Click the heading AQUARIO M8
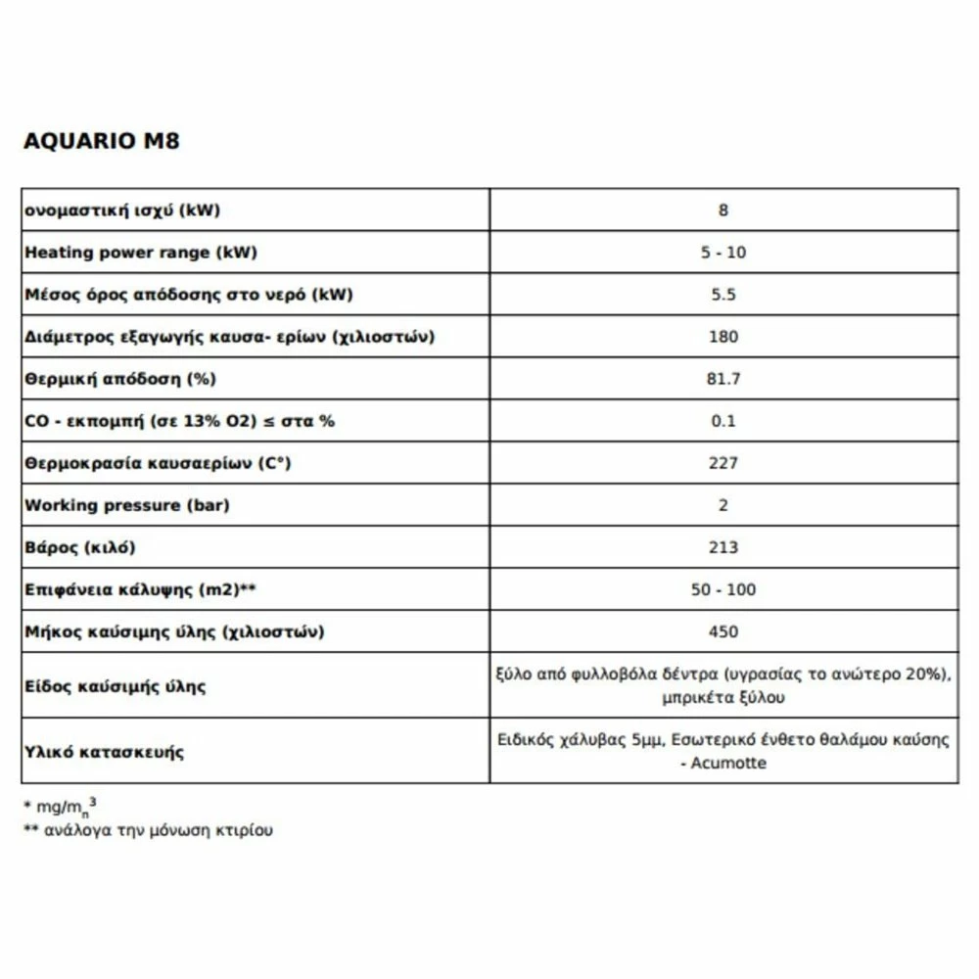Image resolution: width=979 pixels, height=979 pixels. point(101,141)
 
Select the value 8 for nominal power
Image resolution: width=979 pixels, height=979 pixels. point(723,210)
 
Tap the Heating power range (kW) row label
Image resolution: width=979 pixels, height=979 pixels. point(140,253)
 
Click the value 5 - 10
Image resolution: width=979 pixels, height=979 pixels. point(723,253)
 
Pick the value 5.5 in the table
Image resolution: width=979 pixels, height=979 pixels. point(723,295)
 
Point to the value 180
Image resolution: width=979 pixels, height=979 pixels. point(723,337)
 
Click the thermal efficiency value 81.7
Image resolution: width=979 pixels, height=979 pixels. point(723,379)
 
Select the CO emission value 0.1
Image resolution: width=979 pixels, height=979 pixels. point(723,421)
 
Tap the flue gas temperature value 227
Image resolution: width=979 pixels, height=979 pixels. point(723,463)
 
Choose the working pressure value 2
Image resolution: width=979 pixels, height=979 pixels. point(723,505)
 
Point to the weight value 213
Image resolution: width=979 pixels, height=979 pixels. point(723,547)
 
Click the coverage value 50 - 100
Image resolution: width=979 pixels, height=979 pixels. point(723,589)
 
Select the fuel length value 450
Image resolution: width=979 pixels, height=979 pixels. point(723,631)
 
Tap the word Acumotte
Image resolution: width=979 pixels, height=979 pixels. point(728,763)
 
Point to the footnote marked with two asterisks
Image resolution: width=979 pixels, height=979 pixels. point(148,830)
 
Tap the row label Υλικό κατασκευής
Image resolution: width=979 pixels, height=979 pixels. point(104,752)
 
